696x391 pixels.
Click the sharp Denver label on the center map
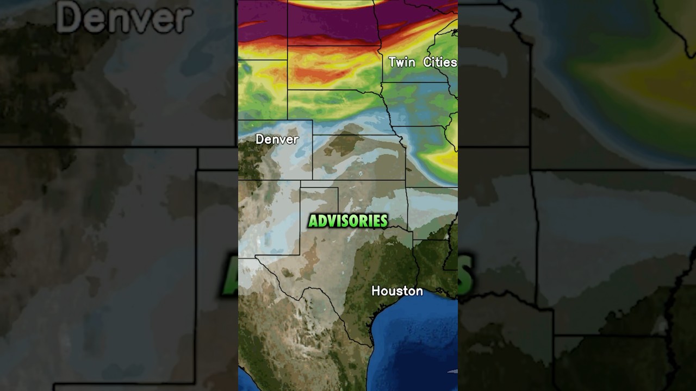coord(277,140)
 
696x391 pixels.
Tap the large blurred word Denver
coord(125,18)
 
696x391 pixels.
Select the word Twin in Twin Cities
coord(402,62)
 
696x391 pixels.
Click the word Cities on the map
coord(440,62)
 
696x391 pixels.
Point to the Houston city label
coord(397,291)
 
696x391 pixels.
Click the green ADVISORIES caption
coord(348,221)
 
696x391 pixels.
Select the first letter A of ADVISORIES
coord(313,221)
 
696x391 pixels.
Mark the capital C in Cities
coord(427,62)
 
